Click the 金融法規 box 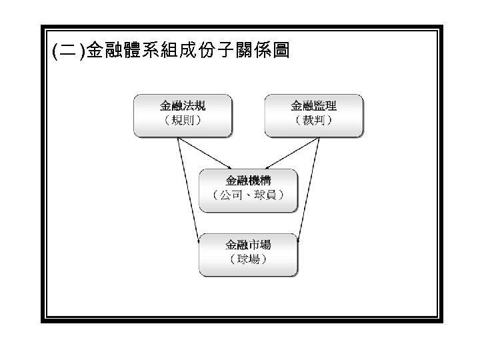(x=183, y=115)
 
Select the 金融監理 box (x=314, y=115)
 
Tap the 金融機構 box (x=249, y=189)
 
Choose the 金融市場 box (x=249, y=254)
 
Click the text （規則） (x=183, y=121)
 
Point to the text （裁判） (x=314, y=121)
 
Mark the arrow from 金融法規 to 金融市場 (x=189, y=190)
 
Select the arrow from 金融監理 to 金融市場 (x=309, y=190)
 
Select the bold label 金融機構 (x=249, y=181)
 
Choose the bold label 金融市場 (x=249, y=245)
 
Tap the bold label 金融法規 (x=183, y=106)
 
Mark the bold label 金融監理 (x=314, y=106)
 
